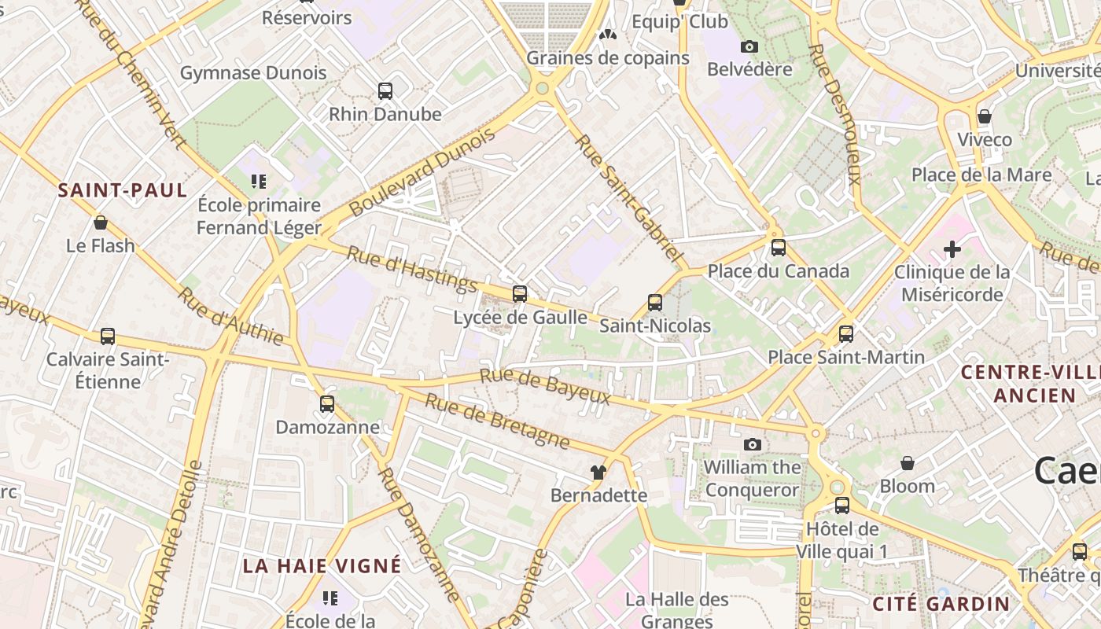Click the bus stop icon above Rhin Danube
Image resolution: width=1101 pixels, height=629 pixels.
pos(385,91)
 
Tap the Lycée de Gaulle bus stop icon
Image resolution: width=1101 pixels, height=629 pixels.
pos(520,294)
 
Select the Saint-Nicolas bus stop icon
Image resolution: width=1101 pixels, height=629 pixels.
pos(655,303)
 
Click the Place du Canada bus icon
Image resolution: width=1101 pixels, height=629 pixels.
pos(779,248)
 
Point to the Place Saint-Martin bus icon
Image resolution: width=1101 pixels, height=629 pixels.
pos(846,334)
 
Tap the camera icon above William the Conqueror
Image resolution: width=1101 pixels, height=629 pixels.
pos(753,445)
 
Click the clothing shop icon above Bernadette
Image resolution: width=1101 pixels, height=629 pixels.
pos(599,473)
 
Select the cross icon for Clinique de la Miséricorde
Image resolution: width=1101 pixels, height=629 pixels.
pos(952,250)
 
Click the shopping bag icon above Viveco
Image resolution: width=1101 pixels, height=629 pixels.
pos(985,117)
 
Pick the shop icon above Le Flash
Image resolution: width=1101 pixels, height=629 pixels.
pos(101,223)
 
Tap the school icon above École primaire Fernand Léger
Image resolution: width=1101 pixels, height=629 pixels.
pos(259,182)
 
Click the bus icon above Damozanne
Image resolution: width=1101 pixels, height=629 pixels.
pos(327,404)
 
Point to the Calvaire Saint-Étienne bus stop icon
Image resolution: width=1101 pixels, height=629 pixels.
pos(108,337)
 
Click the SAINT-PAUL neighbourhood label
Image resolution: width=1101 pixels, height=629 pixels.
pos(123,190)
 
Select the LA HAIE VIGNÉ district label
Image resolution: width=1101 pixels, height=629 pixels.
pos(322,566)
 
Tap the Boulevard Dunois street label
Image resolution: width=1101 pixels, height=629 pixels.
pos(423,171)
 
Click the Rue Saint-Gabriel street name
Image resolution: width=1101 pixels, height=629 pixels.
pos(627,197)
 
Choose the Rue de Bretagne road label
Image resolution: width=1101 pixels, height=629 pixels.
pos(497,421)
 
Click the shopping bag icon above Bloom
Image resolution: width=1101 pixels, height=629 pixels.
pos(908,463)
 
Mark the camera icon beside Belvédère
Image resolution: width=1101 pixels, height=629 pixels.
pos(749,47)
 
